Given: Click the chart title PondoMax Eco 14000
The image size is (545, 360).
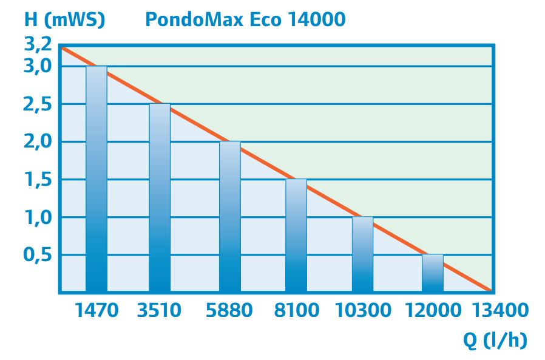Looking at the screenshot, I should click(x=245, y=19).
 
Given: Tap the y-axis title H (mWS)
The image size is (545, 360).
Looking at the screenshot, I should click(x=65, y=19).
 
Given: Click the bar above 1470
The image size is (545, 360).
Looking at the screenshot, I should click(x=96, y=179).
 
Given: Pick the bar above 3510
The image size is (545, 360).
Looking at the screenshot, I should click(x=160, y=198).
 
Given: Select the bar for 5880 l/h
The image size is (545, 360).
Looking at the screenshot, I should click(x=230, y=217).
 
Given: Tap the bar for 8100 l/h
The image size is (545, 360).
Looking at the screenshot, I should click(x=296, y=236).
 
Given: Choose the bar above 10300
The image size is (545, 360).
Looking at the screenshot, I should click(x=362, y=254).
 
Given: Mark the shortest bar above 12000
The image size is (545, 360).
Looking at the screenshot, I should click(x=433, y=273).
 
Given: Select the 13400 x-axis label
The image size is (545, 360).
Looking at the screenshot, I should click(x=501, y=310).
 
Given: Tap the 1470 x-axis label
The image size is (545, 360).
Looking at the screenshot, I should click(x=97, y=310).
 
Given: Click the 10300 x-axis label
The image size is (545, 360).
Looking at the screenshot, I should click(x=364, y=310).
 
